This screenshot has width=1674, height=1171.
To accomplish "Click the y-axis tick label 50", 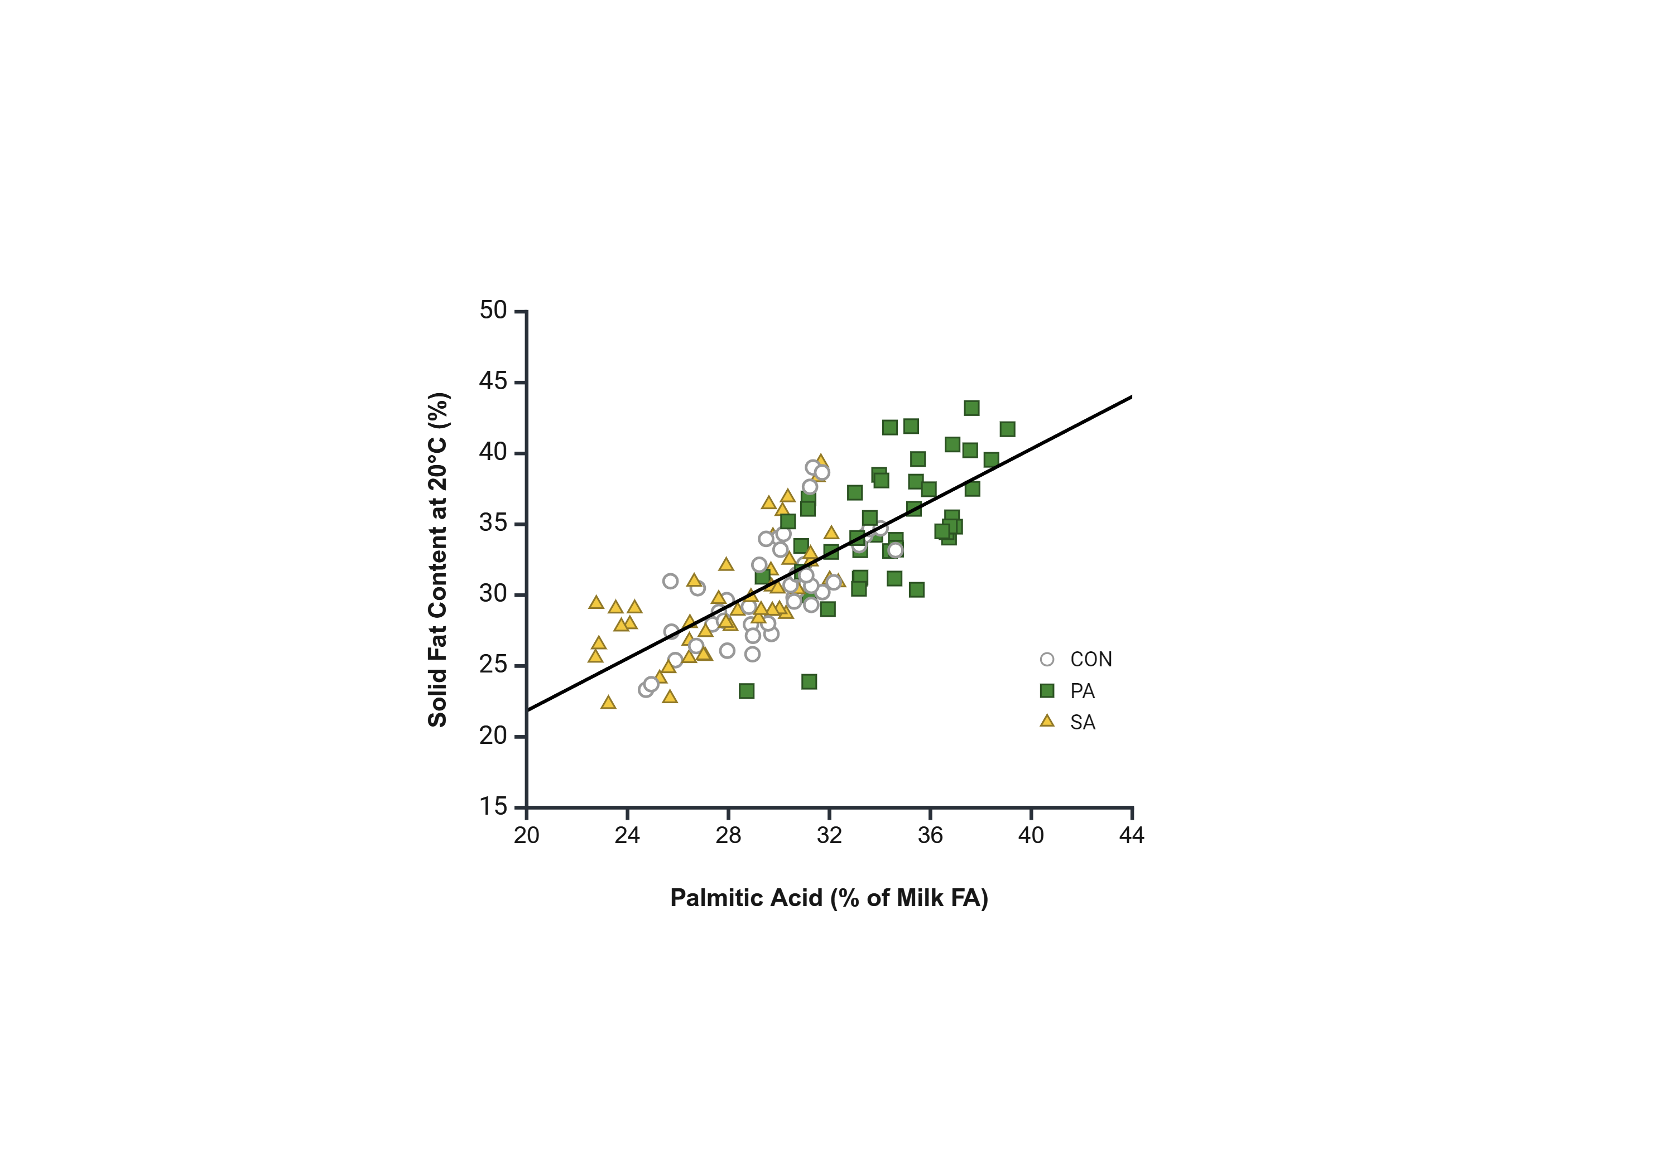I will (x=492, y=311).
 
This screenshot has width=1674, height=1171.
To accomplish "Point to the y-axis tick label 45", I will (x=492, y=381).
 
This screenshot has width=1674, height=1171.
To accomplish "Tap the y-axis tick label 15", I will (x=492, y=807).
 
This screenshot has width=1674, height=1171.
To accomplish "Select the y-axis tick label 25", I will (x=492, y=665).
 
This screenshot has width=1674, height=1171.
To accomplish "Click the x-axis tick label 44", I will (x=1132, y=835).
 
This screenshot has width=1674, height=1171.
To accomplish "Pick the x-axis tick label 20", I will (x=526, y=835).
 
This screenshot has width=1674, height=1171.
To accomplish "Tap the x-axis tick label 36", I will (x=930, y=835).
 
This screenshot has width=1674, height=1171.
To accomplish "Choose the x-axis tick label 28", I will (x=728, y=835).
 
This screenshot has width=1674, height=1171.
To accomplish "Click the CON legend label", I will (x=1091, y=660).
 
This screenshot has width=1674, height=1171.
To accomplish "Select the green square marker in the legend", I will (x=1047, y=691).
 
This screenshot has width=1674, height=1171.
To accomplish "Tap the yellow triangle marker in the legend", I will (x=1047, y=722).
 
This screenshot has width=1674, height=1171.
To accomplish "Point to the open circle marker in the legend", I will (x=1047, y=660).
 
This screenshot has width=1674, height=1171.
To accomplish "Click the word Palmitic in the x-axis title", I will (x=709, y=898).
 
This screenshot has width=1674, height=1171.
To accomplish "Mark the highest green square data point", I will (x=971, y=408).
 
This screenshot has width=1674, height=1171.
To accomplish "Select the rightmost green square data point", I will (x=1007, y=429).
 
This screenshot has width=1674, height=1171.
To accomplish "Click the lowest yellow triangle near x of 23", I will (x=608, y=703).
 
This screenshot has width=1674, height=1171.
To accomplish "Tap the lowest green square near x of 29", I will (x=746, y=691).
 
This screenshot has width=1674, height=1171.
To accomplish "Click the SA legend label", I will (x=1083, y=722).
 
